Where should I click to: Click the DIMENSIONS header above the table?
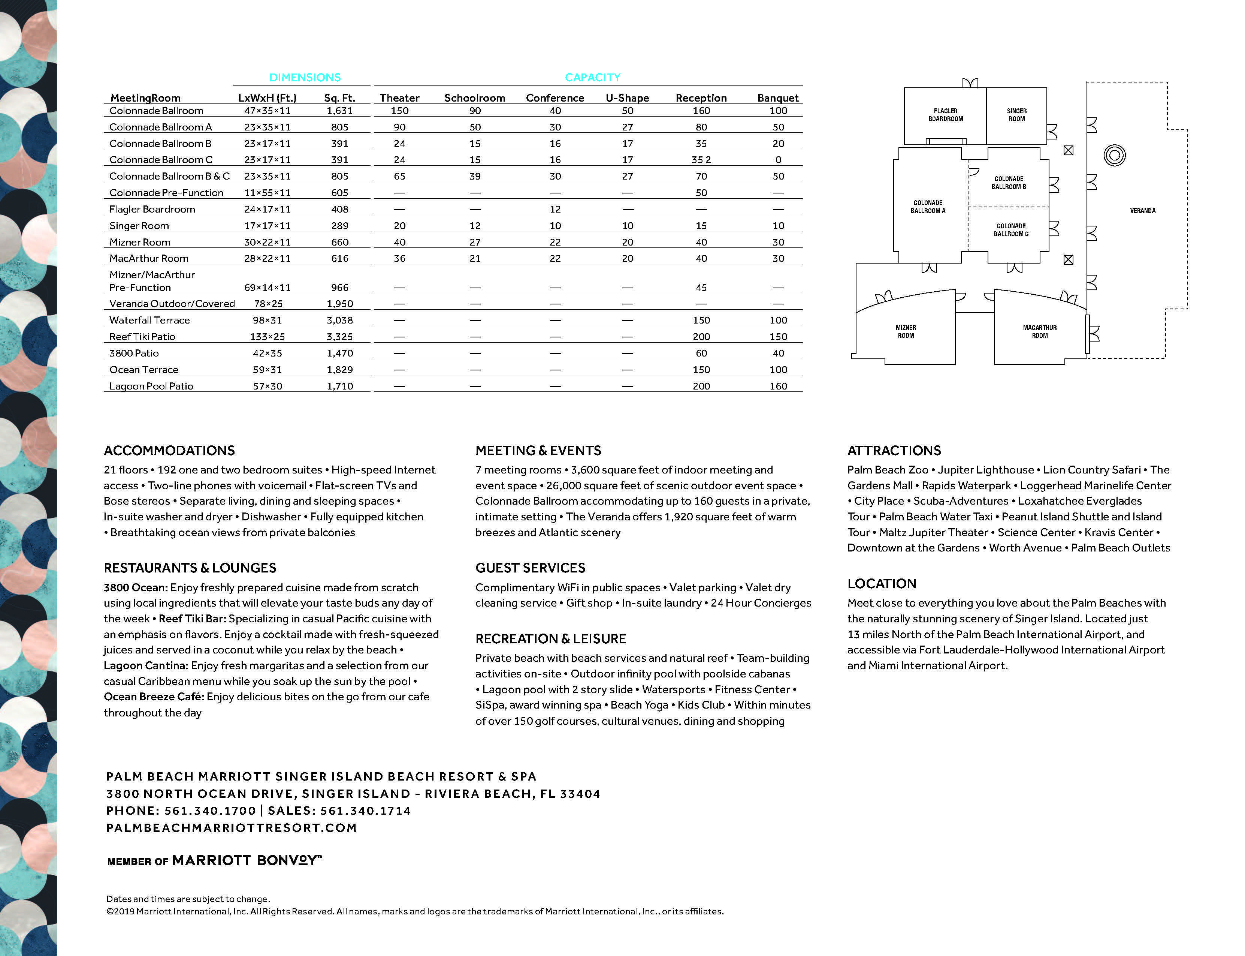(x=305, y=77)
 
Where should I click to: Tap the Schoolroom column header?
(x=474, y=98)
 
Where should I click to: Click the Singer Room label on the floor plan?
(x=1016, y=115)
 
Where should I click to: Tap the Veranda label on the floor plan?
(x=1143, y=211)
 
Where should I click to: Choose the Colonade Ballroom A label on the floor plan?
(x=928, y=207)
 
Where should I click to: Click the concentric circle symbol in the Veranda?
(x=1114, y=155)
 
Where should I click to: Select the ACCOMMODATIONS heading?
(x=169, y=451)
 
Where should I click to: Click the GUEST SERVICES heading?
(x=530, y=568)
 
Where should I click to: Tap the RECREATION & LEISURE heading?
(x=550, y=638)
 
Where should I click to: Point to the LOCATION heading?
(x=882, y=584)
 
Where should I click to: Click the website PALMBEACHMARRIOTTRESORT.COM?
(x=232, y=828)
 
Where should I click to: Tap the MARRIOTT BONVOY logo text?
(x=246, y=860)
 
